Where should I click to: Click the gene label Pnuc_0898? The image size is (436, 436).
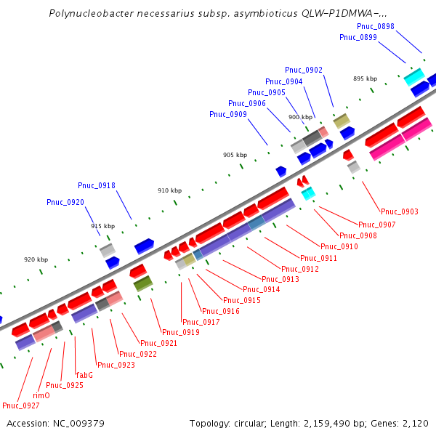pyautogui.click(x=376, y=26)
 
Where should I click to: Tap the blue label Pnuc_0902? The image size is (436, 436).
pyautogui.click(x=304, y=70)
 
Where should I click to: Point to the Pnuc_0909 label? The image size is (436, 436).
pyautogui.click(x=228, y=114)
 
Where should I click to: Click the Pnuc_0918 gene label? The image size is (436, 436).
pyautogui.click(x=97, y=185)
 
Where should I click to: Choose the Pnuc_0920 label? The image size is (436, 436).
pyautogui.click(x=65, y=202)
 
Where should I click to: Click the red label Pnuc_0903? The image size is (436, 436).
pyautogui.click(x=400, y=211)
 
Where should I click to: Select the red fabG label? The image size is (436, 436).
pyautogui.click(x=84, y=375)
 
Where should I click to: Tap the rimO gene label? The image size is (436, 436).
pyautogui.click(x=41, y=395)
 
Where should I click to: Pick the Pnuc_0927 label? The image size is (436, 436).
pyautogui.click(x=21, y=405)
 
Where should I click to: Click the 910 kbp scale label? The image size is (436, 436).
pyautogui.click(x=170, y=190)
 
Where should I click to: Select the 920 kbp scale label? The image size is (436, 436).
pyautogui.click(x=36, y=259)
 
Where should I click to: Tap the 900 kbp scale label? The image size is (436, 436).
pyautogui.click(x=300, y=117)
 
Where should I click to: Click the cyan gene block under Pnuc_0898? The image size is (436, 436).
pyautogui.click(x=413, y=76)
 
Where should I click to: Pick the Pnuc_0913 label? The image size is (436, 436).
pyautogui.click(x=280, y=279)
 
